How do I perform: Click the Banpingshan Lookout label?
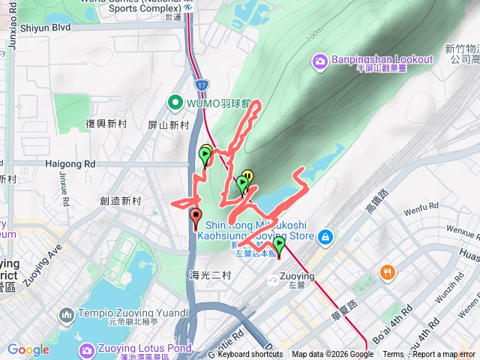coord(382,59)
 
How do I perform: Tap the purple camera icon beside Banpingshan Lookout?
coord(320,59)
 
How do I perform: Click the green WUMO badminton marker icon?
coord(175,101)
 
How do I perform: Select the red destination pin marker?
coord(196,217)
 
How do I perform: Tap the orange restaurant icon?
coord(387,271)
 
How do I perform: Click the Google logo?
coord(28,349)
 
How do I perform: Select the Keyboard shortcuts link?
coord(250,355)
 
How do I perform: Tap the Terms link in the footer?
coord(393,355)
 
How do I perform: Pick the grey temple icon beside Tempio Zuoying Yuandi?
coord(65,313)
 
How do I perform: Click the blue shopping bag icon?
coord(325,238)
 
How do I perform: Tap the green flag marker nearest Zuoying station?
coord(279,244)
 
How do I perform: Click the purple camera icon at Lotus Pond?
coord(86,349)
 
